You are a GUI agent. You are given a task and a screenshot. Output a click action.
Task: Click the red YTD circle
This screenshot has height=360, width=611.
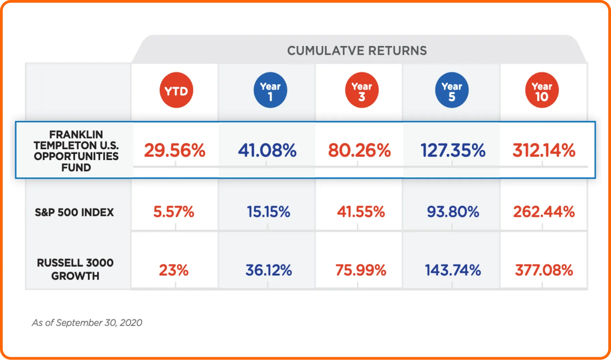pyautogui.click(x=176, y=90)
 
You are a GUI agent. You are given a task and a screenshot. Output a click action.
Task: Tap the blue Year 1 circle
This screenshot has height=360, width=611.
pyautogui.click(x=270, y=90)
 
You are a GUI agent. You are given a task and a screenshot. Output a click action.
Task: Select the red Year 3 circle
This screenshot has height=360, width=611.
pyautogui.click(x=362, y=90)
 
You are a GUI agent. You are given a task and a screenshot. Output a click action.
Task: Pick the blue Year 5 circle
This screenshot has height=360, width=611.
pyautogui.click(x=452, y=90)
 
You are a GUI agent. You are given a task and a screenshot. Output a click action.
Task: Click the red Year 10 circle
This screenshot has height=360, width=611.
pyautogui.click(x=542, y=90)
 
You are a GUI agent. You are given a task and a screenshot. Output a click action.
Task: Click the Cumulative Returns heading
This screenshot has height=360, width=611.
pyautogui.click(x=357, y=51)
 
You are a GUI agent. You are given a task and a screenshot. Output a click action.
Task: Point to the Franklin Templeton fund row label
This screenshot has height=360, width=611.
pyautogui.click(x=76, y=151)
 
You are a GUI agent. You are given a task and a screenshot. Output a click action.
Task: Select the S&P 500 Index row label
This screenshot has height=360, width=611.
pyautogui.click(x=74, y=212)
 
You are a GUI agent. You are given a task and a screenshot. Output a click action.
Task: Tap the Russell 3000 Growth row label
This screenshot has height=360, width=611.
pyautogui.click(x=75, y=269)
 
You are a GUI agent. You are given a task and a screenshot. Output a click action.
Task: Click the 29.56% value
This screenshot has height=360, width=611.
pyautogui.click(x=175, y=150)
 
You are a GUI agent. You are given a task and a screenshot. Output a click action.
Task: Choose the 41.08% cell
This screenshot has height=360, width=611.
pyautogui.click(x=267, y=150)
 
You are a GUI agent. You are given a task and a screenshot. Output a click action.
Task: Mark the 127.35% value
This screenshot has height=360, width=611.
pyautogui.click(x=453, y=150)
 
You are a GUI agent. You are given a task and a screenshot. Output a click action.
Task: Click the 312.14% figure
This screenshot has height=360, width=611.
pyautogui.click(x=544, y=150)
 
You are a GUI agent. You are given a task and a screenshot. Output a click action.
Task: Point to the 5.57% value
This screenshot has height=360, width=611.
pyautogui.click(x=174, y=212)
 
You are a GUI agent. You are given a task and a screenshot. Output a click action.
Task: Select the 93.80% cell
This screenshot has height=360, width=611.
pyautogui.click(x=453, y=212)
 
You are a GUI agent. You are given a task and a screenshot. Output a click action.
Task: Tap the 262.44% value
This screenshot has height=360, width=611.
pyautogui.click(x=544, y=212)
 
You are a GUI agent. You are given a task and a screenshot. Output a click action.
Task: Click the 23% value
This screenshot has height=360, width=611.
pyautogui.click(x=174, y=270)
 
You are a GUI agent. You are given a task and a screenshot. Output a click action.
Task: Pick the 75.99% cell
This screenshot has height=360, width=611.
pyautogui.click(x=361, y=270)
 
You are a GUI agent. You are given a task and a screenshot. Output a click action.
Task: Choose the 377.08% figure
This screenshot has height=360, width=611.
pyautogui.click(x=544, y=270)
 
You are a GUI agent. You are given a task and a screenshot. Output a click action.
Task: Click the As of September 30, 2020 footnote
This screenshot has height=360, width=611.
pyautogui.click(x=87, y=323)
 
